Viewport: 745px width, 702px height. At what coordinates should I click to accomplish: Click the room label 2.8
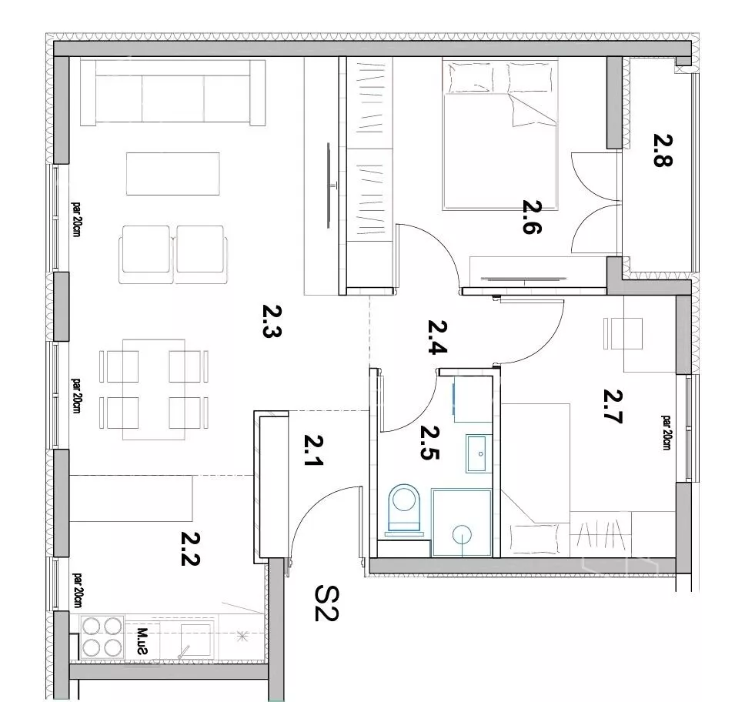[x=663, y=150]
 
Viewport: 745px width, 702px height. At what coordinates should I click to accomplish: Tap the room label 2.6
[x=532, y=217]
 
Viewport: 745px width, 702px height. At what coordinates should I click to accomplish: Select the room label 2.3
[x=272, y=320]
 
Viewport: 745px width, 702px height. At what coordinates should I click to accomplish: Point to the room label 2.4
[x=437, y=337]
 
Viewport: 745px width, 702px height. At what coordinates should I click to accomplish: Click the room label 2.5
[x=429, y=443]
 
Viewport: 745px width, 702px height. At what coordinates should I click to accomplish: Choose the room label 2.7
[x=613, y=406]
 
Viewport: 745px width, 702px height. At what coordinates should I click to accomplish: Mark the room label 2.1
[x=313, y=450]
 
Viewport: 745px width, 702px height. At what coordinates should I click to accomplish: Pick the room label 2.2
[x=190, y=549]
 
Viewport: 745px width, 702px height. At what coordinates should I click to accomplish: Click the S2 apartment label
[x=326, y=603]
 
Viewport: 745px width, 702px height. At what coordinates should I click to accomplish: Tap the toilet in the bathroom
[x=404, y=510]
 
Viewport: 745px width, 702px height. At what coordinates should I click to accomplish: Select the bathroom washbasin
[x=476, y=453]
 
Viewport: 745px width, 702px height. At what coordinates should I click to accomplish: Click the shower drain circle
[x=462, y=535]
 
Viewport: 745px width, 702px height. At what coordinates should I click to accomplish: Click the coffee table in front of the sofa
[x=173, y=173]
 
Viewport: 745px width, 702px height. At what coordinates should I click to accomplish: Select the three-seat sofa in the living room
[x=173, y=92]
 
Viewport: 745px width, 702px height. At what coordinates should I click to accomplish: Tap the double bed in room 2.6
[x=499, y=135]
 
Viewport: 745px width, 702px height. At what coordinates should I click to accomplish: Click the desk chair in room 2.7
[x=623, y=333]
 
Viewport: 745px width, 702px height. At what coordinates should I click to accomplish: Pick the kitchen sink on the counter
[x=195, y=639]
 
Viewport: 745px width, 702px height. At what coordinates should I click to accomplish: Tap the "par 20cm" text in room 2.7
[x=666, y=433]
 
